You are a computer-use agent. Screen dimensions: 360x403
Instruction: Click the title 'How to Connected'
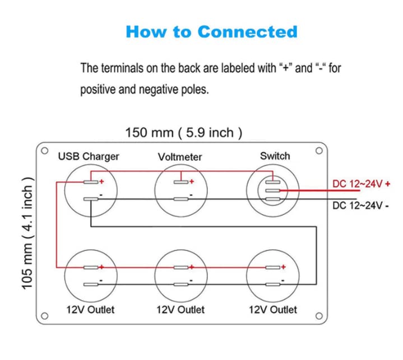click(x=211, y=31)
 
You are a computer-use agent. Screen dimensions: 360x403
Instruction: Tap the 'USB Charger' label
click(x=89, y=156)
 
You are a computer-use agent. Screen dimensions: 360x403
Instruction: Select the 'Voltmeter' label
click(x=180, y=157)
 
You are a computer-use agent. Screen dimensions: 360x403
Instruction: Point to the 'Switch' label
click(x=275, y=156)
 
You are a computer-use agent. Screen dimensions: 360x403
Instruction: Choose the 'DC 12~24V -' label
click(x=360, y=205)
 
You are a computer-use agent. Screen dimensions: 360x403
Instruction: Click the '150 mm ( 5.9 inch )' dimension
click(x=183, y=133)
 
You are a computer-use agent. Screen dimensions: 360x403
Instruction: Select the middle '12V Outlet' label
click(x=180, y=309)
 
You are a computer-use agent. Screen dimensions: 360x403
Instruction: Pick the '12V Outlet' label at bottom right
click(x=273, y=309)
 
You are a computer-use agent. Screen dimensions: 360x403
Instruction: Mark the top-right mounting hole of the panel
click(x=318, y=151)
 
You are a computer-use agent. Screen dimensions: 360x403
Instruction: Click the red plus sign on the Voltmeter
click(x=191, y=181)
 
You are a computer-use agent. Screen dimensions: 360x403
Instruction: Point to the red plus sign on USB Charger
click(x=101, y=181)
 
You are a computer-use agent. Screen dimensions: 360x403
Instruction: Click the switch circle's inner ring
click(x=272, y=190)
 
